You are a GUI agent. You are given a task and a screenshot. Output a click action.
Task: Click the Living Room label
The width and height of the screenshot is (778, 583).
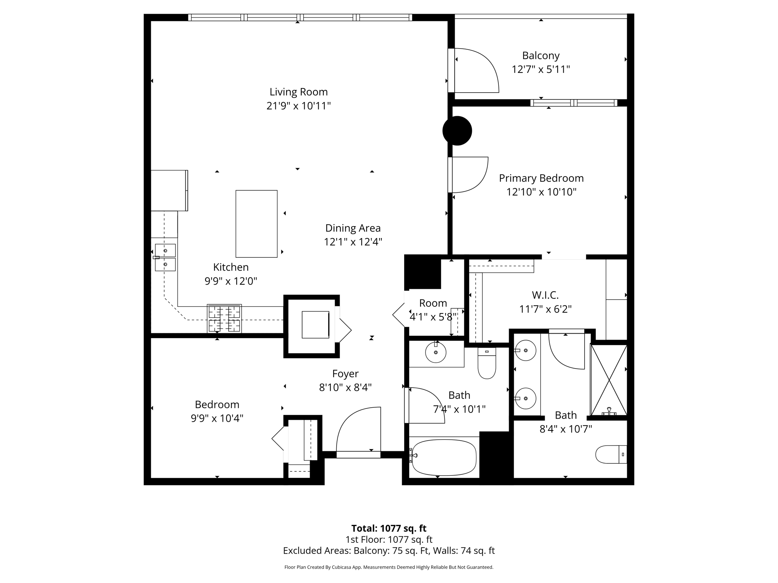299,92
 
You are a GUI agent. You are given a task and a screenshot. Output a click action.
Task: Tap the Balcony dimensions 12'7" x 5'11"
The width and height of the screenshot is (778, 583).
541,69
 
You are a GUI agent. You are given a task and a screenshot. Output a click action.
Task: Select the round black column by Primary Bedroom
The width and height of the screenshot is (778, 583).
457,131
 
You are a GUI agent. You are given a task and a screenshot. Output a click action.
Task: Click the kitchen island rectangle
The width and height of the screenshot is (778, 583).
256,224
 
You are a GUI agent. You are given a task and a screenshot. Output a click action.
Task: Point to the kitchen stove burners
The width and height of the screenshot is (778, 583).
224,319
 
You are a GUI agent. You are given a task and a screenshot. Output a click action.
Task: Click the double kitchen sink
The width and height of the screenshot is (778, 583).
165,257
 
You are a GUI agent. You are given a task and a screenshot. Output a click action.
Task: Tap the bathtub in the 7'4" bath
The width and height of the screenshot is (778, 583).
444,457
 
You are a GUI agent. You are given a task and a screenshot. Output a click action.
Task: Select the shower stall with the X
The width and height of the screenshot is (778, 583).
609,379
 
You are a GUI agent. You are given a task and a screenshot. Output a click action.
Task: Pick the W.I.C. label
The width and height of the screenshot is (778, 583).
545,295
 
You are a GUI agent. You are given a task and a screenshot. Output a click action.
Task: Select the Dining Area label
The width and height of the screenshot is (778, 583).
353,228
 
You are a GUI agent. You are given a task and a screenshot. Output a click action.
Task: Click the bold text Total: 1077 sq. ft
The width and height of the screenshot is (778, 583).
389,528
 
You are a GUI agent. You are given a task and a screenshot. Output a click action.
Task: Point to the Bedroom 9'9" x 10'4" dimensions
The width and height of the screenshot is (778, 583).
217,418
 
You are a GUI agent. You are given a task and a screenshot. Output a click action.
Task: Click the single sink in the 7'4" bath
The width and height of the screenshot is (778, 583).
436,353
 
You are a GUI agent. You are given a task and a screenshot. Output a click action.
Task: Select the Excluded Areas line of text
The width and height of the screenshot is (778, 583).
389,550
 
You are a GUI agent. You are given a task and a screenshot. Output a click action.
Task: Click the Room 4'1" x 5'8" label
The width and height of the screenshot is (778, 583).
433,303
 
